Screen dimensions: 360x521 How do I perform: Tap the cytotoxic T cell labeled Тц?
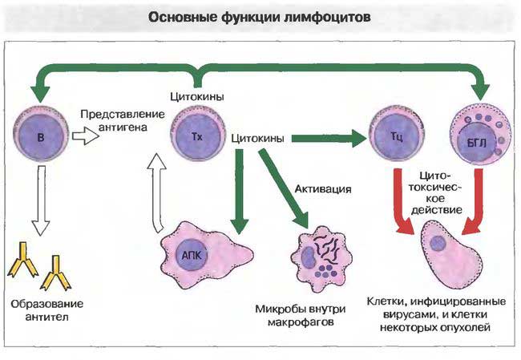(x=395, y=137)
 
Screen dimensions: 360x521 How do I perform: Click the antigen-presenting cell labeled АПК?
(x=195, y=256)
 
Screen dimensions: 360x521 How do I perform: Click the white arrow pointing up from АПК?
(x=159, y=189)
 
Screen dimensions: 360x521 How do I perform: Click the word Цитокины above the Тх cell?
(x=196, y=97)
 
